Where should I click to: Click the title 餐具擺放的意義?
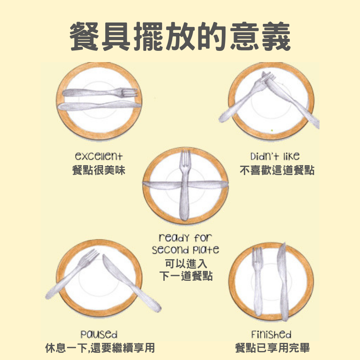180,36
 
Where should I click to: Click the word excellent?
99,156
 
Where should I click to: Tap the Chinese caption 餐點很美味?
99,171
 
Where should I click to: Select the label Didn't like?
275,156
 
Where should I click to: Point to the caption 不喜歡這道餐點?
277,171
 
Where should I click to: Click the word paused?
99,334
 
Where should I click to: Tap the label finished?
271,334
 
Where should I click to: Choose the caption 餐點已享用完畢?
273,348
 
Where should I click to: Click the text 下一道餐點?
186,276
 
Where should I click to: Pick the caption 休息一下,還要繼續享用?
100,348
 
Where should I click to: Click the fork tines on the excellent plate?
129,93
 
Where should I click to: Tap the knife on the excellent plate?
99,106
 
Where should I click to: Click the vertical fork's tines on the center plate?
185,159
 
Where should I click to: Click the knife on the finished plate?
283,282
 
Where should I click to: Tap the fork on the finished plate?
257,282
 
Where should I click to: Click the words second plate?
185,250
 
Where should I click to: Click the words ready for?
185,238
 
